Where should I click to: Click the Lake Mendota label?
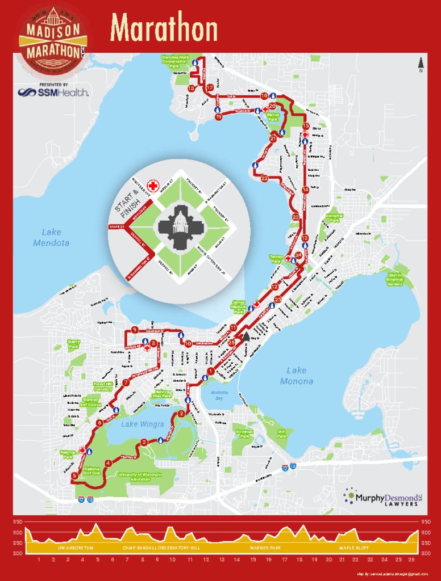click(51, 237)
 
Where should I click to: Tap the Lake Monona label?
click(297, 376)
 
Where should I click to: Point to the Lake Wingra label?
click(143, 424)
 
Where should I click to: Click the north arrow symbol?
click(421, 64)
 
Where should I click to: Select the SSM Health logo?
click(53, 92)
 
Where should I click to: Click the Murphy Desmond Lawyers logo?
click(381, 498)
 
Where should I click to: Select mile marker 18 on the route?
click(192, 89)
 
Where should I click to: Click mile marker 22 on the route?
click(264, 178)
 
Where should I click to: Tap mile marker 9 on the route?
click(135, 330)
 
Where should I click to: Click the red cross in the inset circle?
click(153, 186)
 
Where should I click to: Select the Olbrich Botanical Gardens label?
click(394, 280)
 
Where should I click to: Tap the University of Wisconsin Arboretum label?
click(140, 477)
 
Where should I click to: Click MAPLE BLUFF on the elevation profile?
click(354, 548)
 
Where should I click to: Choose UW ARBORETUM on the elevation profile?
click(75, 548)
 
